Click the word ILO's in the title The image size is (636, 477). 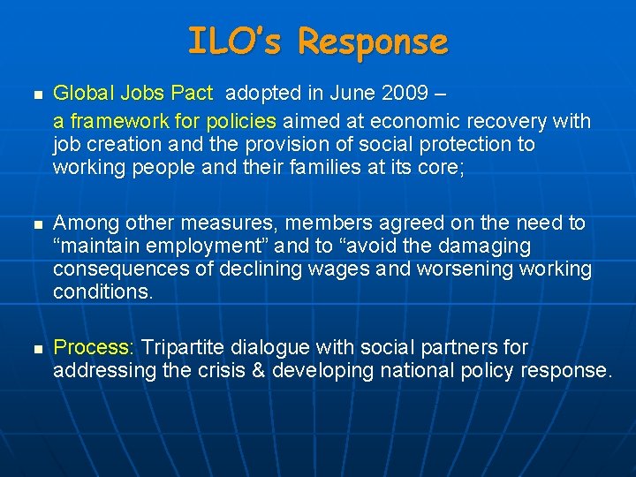coord(236,42)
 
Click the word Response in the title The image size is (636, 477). coord(373,42)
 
